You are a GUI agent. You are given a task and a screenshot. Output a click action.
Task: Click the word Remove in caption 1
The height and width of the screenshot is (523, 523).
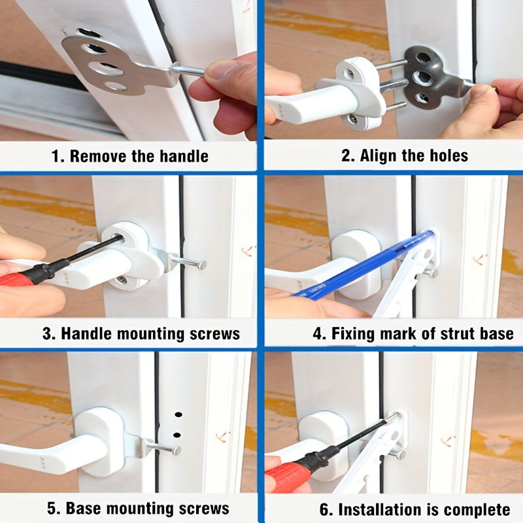click(x=99, y=156)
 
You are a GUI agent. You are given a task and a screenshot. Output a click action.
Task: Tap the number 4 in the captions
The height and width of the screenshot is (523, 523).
click(x=317, y=334)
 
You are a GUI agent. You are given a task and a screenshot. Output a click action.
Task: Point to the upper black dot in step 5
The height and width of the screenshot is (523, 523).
click(x=178, y=414)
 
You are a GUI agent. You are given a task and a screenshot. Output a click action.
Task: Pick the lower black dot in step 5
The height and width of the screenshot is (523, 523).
click(x=177, y=435)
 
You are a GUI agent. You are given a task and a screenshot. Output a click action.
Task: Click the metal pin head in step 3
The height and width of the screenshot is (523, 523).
click(x=201, y=265)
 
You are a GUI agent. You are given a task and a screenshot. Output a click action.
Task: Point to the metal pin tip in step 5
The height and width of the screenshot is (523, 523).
click(x=177, y=450)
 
